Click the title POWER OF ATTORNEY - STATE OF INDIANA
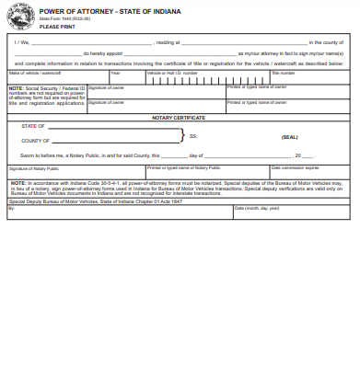pos(97,12)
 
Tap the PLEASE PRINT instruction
pos(57,28)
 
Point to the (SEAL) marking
pos(289,136)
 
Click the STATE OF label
pos(33,126)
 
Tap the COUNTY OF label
pos(36,141)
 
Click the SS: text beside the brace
pos(193,136)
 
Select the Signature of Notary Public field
pos(74,172)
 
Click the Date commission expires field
pos(308,172)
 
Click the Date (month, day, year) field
pos(290,212)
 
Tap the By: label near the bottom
pos(11,209)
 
